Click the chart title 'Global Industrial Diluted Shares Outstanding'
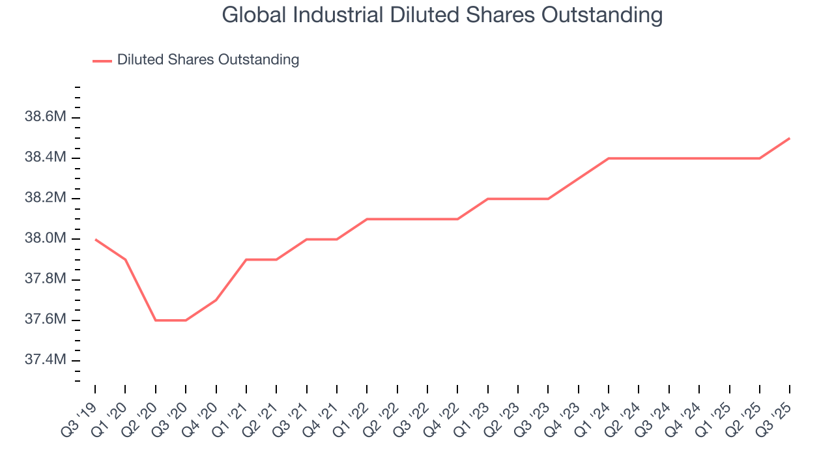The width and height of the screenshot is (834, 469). coord(442,14)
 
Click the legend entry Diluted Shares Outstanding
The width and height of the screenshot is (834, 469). coord(208,60)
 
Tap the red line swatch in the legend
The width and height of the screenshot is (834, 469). coord(102,61)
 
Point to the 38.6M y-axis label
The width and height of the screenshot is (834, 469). coord(46,117)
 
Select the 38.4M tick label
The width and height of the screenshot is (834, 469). coord(46,158)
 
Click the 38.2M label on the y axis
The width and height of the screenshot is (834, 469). coord(46,198)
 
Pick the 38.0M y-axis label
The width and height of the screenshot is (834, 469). coord(46,239)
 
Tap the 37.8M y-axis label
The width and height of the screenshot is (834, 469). coord(46,279)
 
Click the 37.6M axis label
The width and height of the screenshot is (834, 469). coord(46,320)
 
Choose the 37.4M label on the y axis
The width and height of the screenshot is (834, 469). coord(46,360)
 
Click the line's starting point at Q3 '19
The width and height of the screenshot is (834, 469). coord(95,239)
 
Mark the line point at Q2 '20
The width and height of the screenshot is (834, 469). coord(156,320)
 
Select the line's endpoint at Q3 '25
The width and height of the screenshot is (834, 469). coord(790,138)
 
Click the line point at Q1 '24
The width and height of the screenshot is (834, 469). coord(609,158)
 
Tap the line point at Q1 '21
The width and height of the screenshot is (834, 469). coord(246,259)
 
